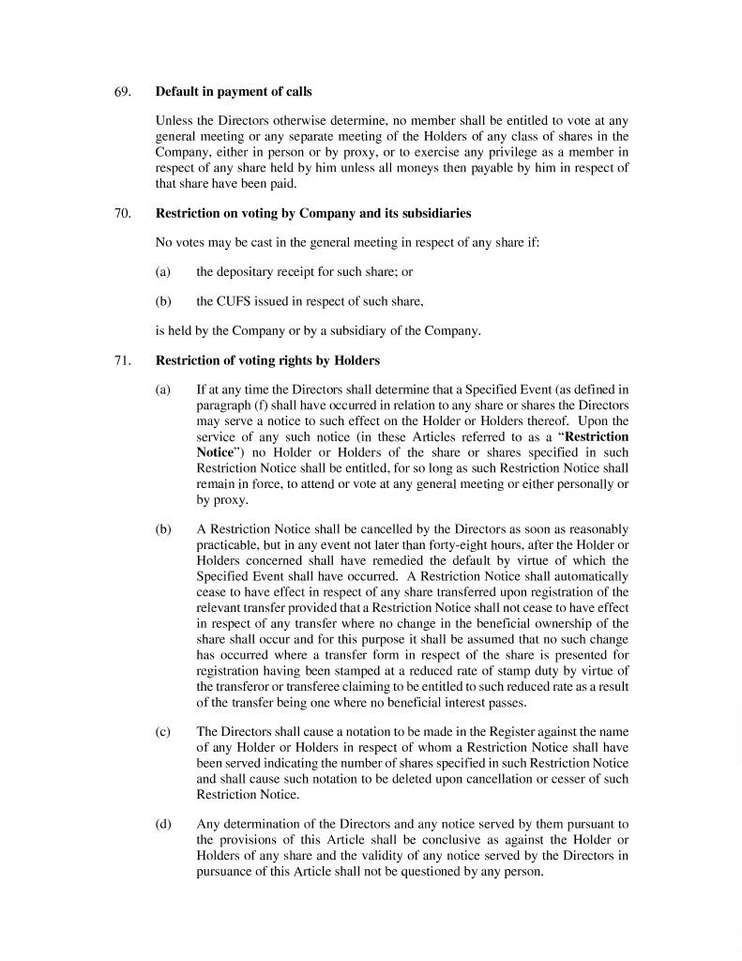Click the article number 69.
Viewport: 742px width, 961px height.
(x=122, y=92)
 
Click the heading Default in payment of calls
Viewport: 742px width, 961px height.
(x=234, y=92)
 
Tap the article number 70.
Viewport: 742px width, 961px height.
(x=122, y=214)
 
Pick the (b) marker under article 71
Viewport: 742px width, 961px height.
(x=163, y=529)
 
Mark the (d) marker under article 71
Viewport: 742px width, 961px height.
(x=163, y=823)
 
